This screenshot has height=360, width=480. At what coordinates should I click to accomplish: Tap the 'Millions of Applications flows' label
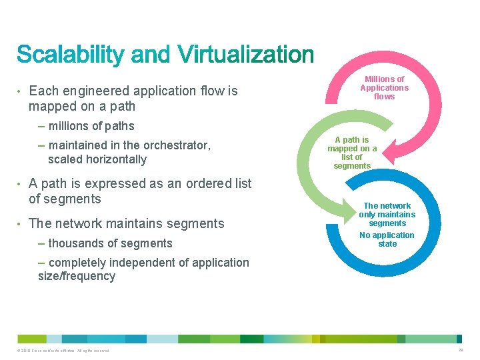(384, 88)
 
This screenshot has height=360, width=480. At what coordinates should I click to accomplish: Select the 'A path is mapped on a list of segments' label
(352, 153)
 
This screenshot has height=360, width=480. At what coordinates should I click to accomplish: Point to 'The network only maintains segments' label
(387, 215)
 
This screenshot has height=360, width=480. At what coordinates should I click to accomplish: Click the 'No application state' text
(387, 239)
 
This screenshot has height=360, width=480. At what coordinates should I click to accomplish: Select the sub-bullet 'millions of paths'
(91, 126)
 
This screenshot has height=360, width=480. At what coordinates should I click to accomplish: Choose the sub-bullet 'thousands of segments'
(110, 243)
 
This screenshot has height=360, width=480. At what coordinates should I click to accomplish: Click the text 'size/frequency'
(77, 276)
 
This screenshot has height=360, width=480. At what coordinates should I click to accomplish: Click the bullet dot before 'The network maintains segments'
(20, 224)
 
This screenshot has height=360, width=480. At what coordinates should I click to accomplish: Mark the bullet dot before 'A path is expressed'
(20, 183)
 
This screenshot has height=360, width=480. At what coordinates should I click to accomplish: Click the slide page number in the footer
(460, 350)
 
